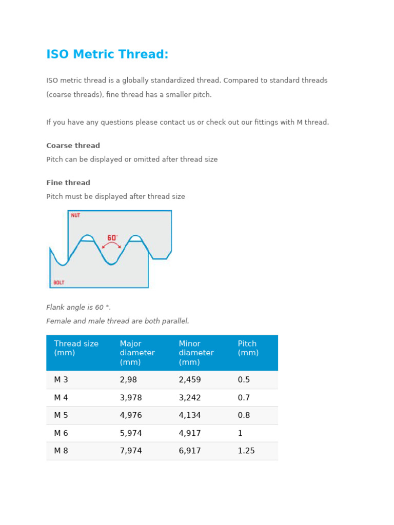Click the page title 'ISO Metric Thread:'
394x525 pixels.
point(107,55)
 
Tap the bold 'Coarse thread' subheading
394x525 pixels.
point(73,146)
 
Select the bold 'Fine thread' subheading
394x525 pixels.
point(68,183)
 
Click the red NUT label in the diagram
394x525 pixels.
point(75,215)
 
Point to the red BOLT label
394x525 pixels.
point(59,282)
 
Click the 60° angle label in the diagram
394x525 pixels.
point(112,238)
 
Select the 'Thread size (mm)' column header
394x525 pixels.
point(76,348)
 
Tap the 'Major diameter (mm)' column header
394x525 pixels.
point(137,353)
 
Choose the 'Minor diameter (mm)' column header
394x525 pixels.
point(196,353)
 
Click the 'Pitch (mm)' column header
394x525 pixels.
point(248,348)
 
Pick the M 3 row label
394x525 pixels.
point(61,380)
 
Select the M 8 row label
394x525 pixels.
point(61,451)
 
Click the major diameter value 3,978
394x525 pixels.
point(131,398)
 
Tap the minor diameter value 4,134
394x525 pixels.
point(190,415)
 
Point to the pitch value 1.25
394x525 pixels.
point(246,451)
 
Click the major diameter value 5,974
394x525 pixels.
point(131,433)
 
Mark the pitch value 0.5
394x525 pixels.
point(244,380)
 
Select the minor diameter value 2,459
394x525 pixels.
point(190,380)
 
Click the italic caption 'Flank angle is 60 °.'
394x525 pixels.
point(78,308)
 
